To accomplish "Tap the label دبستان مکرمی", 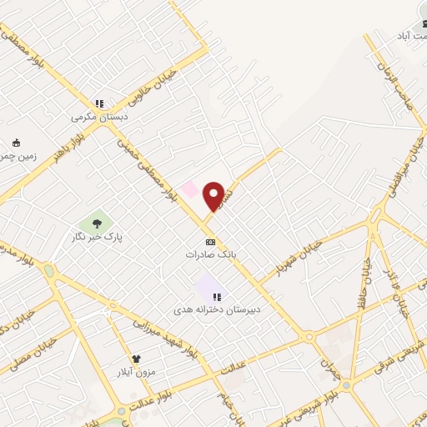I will click(100, 118).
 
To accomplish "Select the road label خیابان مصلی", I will click(29, 352).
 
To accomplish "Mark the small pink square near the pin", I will click(191, 189).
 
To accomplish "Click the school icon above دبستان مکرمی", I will click(100, 104).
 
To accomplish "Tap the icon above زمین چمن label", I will click(16, 143).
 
